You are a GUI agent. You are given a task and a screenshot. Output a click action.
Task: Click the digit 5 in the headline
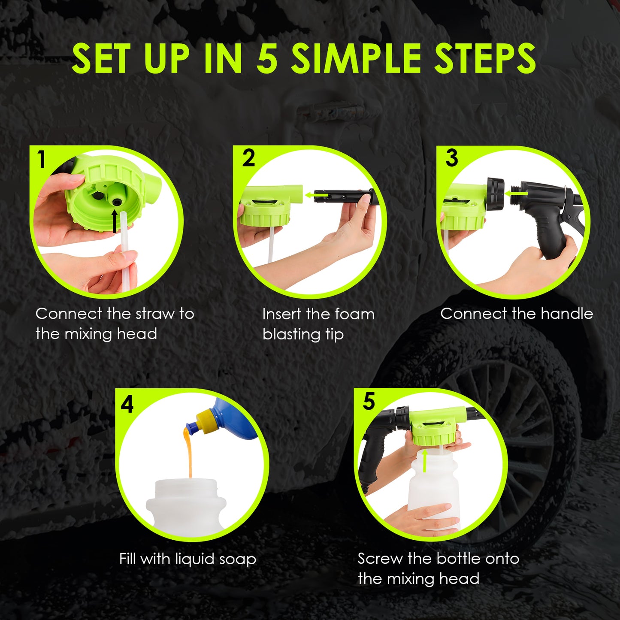pyautogui.click(x=267, y=59)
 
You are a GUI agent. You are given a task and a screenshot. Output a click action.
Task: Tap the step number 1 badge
pyautogui.click(x=41, y=160)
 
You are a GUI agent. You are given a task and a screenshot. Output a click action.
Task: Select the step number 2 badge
pyautogui.click(x=248, y=158)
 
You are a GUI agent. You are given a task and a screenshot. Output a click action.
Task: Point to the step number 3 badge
pyautogui.click(x=451, y=158)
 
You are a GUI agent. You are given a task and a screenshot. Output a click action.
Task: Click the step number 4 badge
pyautogui.click(x=127, y=404)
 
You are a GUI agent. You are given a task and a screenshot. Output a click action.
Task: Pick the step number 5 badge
pyautogui.click(x=369, y=402)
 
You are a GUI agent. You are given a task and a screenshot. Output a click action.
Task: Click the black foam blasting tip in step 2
pyautogui.click(x=343, y=196)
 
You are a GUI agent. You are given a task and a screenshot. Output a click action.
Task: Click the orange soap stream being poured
pyautogui.click(x=189, y=455)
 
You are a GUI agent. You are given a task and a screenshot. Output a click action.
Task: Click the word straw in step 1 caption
pyautogui.click(x=153, y=314)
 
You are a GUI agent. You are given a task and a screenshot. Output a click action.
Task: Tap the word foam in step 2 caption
pyautogui.click(x=354, y=315)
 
